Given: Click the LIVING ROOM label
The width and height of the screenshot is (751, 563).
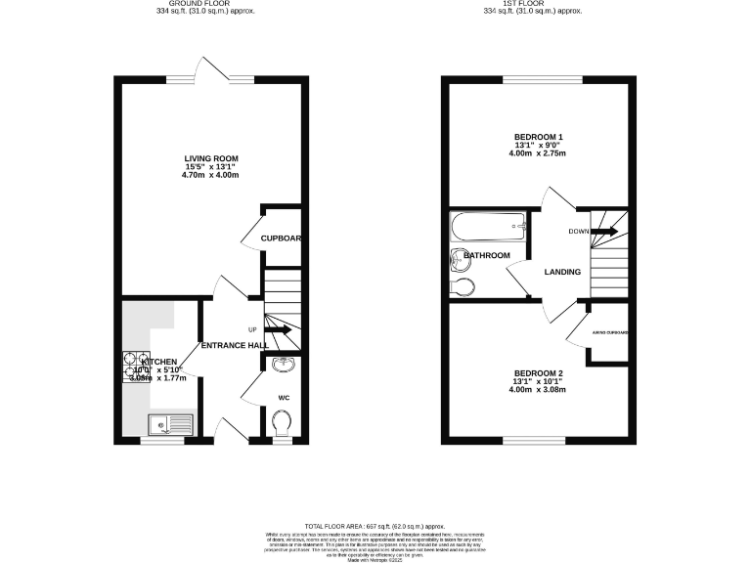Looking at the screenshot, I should click(211, 158).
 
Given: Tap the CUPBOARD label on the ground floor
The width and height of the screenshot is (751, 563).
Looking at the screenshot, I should click(281, 238).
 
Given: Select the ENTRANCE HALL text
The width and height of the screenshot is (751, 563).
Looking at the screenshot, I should click(235, 346).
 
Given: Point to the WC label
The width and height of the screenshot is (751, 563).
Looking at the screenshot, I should click(284, 398).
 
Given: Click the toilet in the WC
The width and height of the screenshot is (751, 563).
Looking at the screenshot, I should click(283, 423).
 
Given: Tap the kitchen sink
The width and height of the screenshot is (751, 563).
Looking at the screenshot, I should click(171, 424).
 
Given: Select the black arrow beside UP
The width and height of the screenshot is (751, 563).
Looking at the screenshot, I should click(280, 330).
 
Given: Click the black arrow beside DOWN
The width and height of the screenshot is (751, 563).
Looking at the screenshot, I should click(603, 232).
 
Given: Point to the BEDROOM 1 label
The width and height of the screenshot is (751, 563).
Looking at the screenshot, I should click(539, 137).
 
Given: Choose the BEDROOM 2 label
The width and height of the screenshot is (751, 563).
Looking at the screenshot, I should click(538, 373).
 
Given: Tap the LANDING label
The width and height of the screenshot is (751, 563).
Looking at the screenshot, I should click(562, 272).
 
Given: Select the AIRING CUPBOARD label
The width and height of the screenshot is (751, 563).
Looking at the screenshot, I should click(610, 332).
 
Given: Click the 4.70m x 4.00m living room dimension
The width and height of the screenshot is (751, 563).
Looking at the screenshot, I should click(211, 175).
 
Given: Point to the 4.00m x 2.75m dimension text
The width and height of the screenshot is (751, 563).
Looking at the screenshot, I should click(539, 153).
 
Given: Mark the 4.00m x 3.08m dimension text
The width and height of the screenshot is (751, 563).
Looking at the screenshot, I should click(538, 391).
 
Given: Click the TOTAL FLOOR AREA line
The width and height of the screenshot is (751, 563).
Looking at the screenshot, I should click(375, 525).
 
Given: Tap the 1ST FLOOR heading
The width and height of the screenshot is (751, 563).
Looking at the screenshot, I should click(533, 3).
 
